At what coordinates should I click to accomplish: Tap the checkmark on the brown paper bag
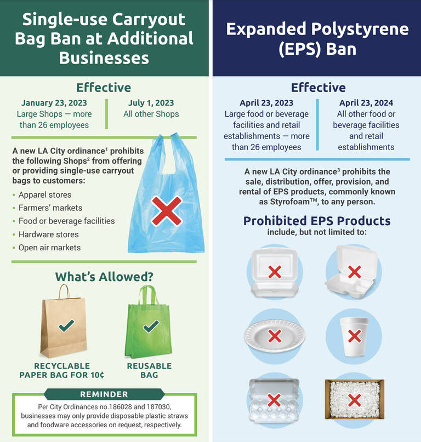tap(66, 327)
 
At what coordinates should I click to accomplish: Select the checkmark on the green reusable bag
tap(150, 326)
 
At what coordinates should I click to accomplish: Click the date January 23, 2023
tap(54, 103)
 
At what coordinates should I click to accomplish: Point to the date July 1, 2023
tap(151, 103)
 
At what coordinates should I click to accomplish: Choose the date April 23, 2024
tap(366, 103)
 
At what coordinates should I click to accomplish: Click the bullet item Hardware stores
tap(48, 234)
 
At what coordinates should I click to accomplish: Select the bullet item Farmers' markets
tap(50, 208)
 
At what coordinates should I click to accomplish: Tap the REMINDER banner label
tap(104, 394)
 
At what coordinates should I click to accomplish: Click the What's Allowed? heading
tap(104, 277)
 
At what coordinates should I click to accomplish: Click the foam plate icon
tap(274, 335)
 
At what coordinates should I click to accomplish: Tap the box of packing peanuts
tap(354, 400)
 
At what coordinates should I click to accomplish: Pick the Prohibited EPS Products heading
tap(317, 221)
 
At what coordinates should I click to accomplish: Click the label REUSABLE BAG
tap(149, 370)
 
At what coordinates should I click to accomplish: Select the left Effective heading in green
tap(104, 88)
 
